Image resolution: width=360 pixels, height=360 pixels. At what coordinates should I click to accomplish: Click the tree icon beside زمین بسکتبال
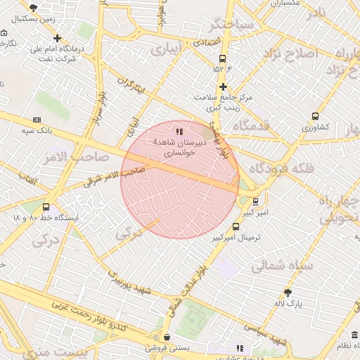[x=34, y=7]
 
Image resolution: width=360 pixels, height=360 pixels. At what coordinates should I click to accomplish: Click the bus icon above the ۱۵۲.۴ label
[x=223, y=58]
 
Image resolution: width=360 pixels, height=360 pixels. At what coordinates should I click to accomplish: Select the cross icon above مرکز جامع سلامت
[x=223, y=87]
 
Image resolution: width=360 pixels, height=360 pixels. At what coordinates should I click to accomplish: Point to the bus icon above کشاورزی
[x=315, y=117]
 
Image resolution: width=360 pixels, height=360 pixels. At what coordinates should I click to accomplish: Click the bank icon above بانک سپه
[x=37, y=120]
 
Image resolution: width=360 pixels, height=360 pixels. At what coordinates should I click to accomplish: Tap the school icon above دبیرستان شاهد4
[x=180, y=131]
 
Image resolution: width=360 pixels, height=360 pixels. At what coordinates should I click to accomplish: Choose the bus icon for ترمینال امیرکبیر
[x=236, y=226]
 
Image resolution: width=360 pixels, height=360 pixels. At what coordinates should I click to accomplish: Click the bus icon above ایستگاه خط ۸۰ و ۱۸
[x=46, y=207]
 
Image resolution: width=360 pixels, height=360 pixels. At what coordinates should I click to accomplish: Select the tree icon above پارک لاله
[x=288, y=292]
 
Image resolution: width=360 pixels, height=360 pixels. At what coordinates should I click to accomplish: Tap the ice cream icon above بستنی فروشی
[x=166, y=337]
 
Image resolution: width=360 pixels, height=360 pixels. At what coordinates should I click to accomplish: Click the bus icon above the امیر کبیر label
[x=256, y=200]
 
